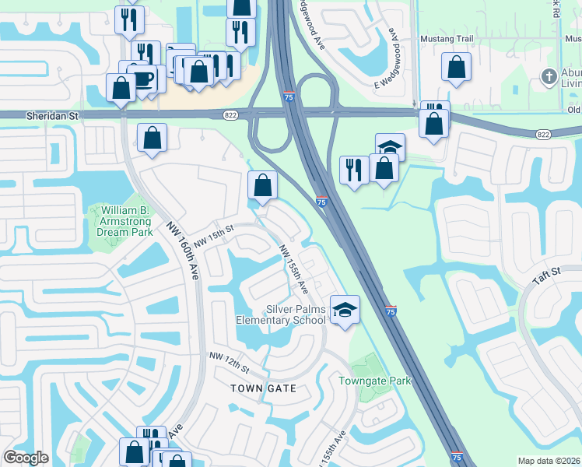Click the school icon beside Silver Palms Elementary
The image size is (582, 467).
pyautogui.click(x=345, y=310)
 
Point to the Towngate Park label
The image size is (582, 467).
pyautogui.click(x=374, y=381)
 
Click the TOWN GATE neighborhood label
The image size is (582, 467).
pyautogui.click(x=263, y=388)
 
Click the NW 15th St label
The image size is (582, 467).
pyautogui.click(x=214, y=236)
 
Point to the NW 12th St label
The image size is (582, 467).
pyautogui.click(x=228, y=361)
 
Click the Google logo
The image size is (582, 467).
pyautogui.click(x=26, y=458)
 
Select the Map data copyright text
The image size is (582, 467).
pyautogui.click(x=549, y=461)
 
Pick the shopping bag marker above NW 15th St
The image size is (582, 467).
pyautogui.click(x=263, y=185)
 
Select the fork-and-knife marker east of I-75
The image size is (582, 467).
pyautogui.click(x=354, y=169)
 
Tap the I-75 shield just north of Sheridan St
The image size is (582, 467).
pyautogui.click(x=289, y=97)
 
